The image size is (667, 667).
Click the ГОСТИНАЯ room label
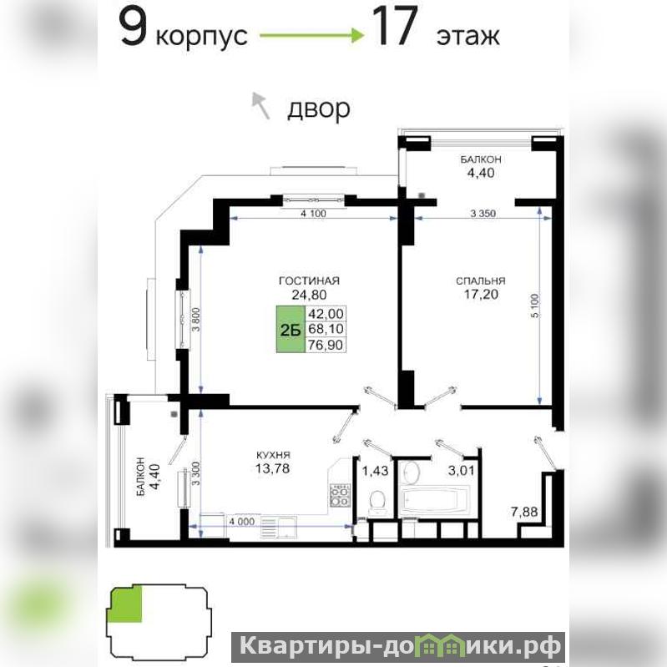tap(309, 280)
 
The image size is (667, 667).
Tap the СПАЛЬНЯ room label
tap(481, 280)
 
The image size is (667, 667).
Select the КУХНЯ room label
tap(273, 455)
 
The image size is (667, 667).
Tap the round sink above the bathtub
tap(411, 473)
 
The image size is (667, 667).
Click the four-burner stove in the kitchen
tap(340, 496)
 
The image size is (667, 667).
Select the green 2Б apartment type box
tap(291, 329)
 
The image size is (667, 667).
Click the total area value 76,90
tap(326, 345)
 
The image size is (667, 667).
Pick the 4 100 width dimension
tap(313, 214)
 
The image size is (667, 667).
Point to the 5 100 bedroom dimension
tap(535, 305)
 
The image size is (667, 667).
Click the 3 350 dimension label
tap(483, 214)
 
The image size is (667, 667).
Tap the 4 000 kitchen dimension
tap(241, 522)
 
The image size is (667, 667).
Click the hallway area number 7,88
tap(524, 512)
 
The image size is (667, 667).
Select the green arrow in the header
tap(312, 36)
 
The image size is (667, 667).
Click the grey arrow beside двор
tap(260, 105)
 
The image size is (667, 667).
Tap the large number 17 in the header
tap(395, 28)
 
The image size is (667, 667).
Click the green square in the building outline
tap(126, 604)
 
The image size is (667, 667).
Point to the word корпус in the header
tap(202, 37)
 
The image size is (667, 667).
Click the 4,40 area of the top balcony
tap(481, 173)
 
